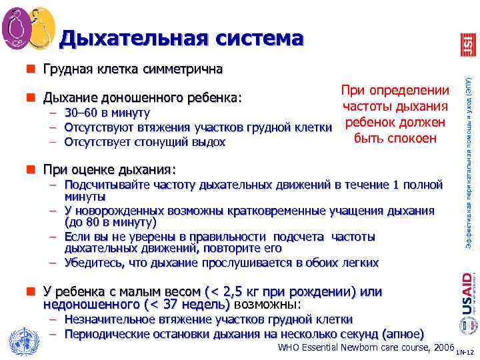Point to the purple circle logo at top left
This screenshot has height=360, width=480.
click(17, 27)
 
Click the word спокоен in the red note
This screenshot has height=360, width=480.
click(413, 139)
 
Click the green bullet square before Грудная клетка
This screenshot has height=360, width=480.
click(31, 69)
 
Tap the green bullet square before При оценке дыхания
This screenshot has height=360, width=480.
click(31, 169)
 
